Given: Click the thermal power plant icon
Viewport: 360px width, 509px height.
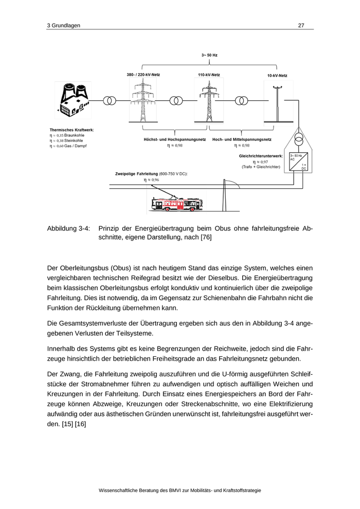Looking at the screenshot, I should tap(74, 100).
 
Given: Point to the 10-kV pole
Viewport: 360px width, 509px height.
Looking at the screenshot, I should tap(277, 103).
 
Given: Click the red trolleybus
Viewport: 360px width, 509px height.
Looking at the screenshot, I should tap(175, 204).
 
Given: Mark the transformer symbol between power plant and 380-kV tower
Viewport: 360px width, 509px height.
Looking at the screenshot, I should tap(110, 101).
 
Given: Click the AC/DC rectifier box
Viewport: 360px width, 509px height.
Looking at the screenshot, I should tap(298, 161).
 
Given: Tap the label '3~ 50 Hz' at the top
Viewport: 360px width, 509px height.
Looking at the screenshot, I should tap(209, 54).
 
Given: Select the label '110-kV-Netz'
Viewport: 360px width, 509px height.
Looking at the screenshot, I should tap(209, 75).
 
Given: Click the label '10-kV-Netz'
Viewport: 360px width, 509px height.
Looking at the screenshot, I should tap(277, 76).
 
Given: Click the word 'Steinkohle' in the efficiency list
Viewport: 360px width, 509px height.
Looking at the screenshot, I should tap(74, 140).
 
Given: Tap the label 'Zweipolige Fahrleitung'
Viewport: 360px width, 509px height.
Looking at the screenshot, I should tap(136, 174).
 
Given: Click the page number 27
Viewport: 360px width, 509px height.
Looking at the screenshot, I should tap(301, 25).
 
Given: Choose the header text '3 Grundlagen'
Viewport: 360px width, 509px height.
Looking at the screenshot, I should tap(63, 25).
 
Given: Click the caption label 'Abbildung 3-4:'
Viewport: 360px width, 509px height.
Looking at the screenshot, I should tap(68, 228).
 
